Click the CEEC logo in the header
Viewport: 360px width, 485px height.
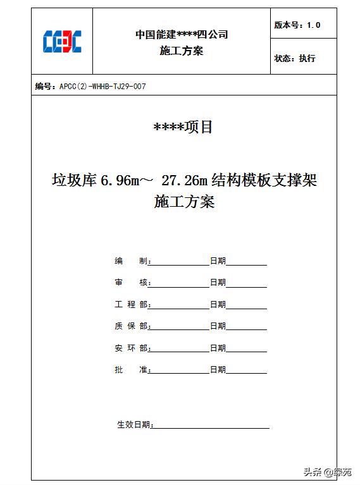pos(62,42)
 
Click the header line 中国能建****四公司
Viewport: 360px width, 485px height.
pos(182,35)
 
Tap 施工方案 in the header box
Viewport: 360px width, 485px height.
pos(182,51)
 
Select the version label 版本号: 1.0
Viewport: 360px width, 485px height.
pos(297,25)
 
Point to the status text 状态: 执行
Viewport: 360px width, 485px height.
pos(295,58)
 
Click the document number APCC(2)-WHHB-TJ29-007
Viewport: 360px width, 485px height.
pos(102,87)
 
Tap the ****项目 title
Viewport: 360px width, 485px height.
pos(183,127)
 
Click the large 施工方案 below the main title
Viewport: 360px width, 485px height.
pos(184,202)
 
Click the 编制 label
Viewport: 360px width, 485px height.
pos(132,261)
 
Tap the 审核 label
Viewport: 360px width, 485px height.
pos(132,283)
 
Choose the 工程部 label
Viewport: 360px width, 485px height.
pos(132,305)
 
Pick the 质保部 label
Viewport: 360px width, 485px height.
pos(132,326)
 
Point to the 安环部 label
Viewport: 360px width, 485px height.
pos(132,348)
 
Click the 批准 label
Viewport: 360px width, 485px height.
pos(132,370)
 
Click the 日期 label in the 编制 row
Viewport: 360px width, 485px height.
pos(218,261)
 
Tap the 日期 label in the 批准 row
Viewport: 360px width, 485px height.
pos(218,370)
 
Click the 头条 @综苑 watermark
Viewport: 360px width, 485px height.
pos(327,472)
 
